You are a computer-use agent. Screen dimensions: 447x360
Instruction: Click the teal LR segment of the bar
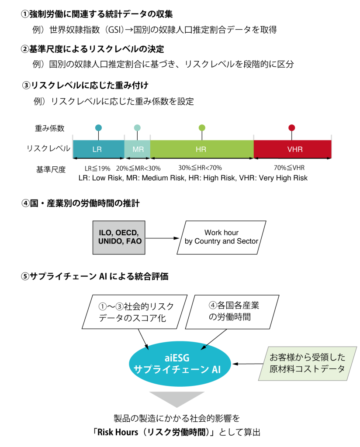98,149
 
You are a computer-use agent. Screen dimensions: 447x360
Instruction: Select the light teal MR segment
138,149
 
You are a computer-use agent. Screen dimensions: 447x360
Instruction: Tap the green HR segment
201,149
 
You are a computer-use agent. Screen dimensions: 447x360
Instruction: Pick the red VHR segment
293,149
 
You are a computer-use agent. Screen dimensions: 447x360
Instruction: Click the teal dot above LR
98,128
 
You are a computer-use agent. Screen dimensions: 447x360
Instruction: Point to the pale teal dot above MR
137,128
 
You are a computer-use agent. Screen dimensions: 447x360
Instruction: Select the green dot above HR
202,128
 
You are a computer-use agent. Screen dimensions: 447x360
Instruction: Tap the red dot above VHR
291,128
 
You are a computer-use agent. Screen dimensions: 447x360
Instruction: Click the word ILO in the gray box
106,233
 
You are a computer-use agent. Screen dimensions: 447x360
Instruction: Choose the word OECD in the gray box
127,233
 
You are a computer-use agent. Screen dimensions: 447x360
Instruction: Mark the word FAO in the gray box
134,241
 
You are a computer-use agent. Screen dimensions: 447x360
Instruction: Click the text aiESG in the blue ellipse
177,358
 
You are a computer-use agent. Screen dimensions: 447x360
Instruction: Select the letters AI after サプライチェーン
216,370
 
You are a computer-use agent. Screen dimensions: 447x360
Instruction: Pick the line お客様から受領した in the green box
308,357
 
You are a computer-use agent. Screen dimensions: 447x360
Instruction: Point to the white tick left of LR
73,147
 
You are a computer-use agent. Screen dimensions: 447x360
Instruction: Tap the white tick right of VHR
332,147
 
